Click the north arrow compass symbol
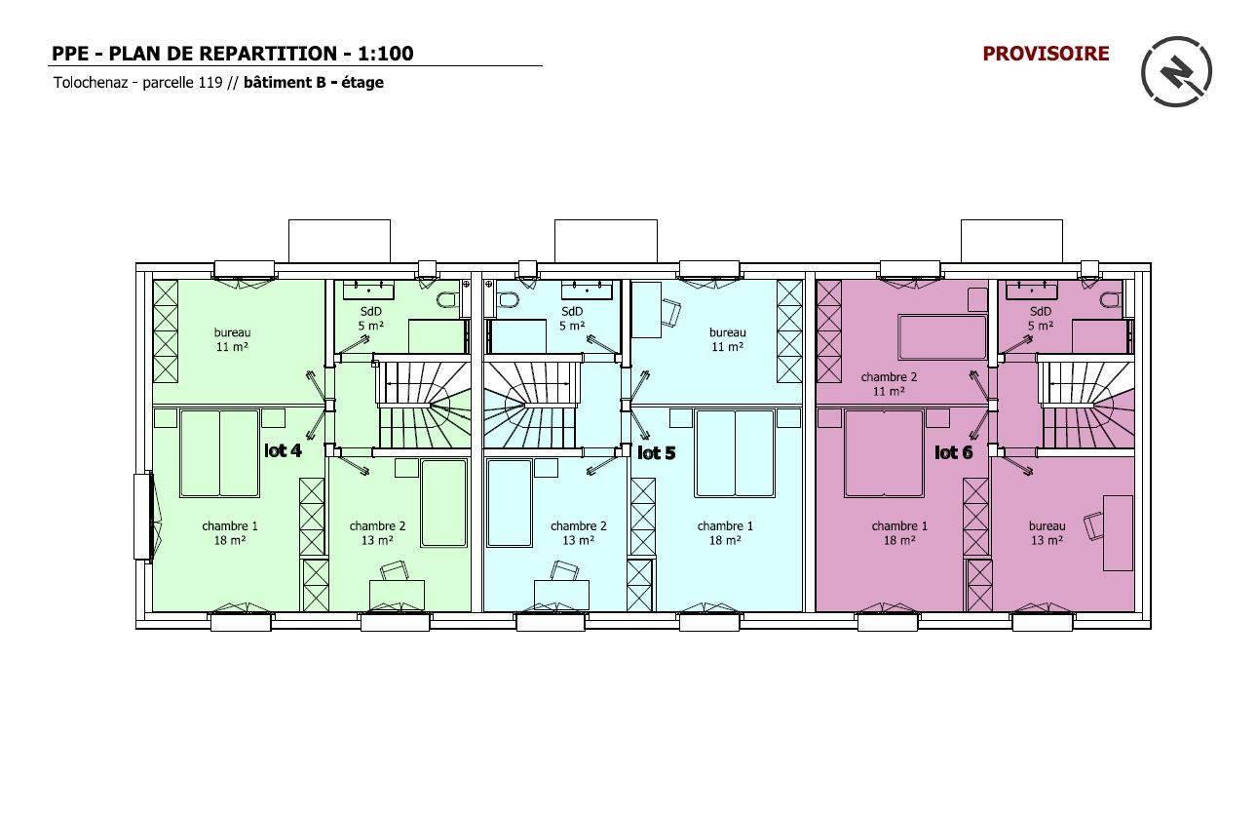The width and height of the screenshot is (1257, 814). [x=1176, y=71]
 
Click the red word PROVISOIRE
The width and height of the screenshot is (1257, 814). [x=1046, y=54]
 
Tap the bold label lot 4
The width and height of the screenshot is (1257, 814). [x=283, y=450]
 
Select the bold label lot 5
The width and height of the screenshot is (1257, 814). [x=656, y=452]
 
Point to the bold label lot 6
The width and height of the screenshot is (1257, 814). [x=953, y=452]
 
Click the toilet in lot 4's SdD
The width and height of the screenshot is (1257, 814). [x=450, y=300]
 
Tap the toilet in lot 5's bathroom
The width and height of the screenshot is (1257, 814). [x=508, y=300]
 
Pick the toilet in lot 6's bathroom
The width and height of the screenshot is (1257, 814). [x=1112, y=300]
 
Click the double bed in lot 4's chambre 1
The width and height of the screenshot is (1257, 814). [x=219, y=453]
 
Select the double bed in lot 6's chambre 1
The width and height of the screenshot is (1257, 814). [x=884, y=453]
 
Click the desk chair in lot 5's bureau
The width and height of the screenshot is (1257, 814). [x=670, y=312]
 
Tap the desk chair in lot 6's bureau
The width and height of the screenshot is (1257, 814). [x=1093, y=525]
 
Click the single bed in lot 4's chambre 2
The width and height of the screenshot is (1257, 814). [x=444, y=503]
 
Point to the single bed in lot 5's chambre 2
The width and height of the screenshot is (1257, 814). [x=509, y=503]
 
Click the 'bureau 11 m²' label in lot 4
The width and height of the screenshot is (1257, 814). [x=232, y=339]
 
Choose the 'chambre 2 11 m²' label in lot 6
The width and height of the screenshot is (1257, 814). [x=889, y=384]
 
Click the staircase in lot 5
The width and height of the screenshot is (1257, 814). [x=531, y=406]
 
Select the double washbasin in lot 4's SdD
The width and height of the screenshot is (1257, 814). [x=368, y=291]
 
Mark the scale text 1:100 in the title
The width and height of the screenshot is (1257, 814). [x=386, y=54]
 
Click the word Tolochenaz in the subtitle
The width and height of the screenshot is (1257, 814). [x=91, y=83]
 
